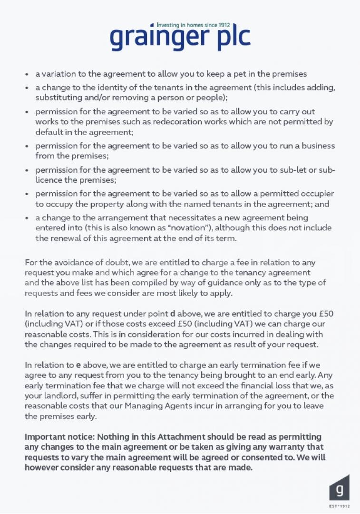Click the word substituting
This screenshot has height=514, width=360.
click(58, 97)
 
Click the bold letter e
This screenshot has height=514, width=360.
click(78, 365)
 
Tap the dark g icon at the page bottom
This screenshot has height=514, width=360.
click(339, 489)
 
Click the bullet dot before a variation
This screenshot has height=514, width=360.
click(27, 74)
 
